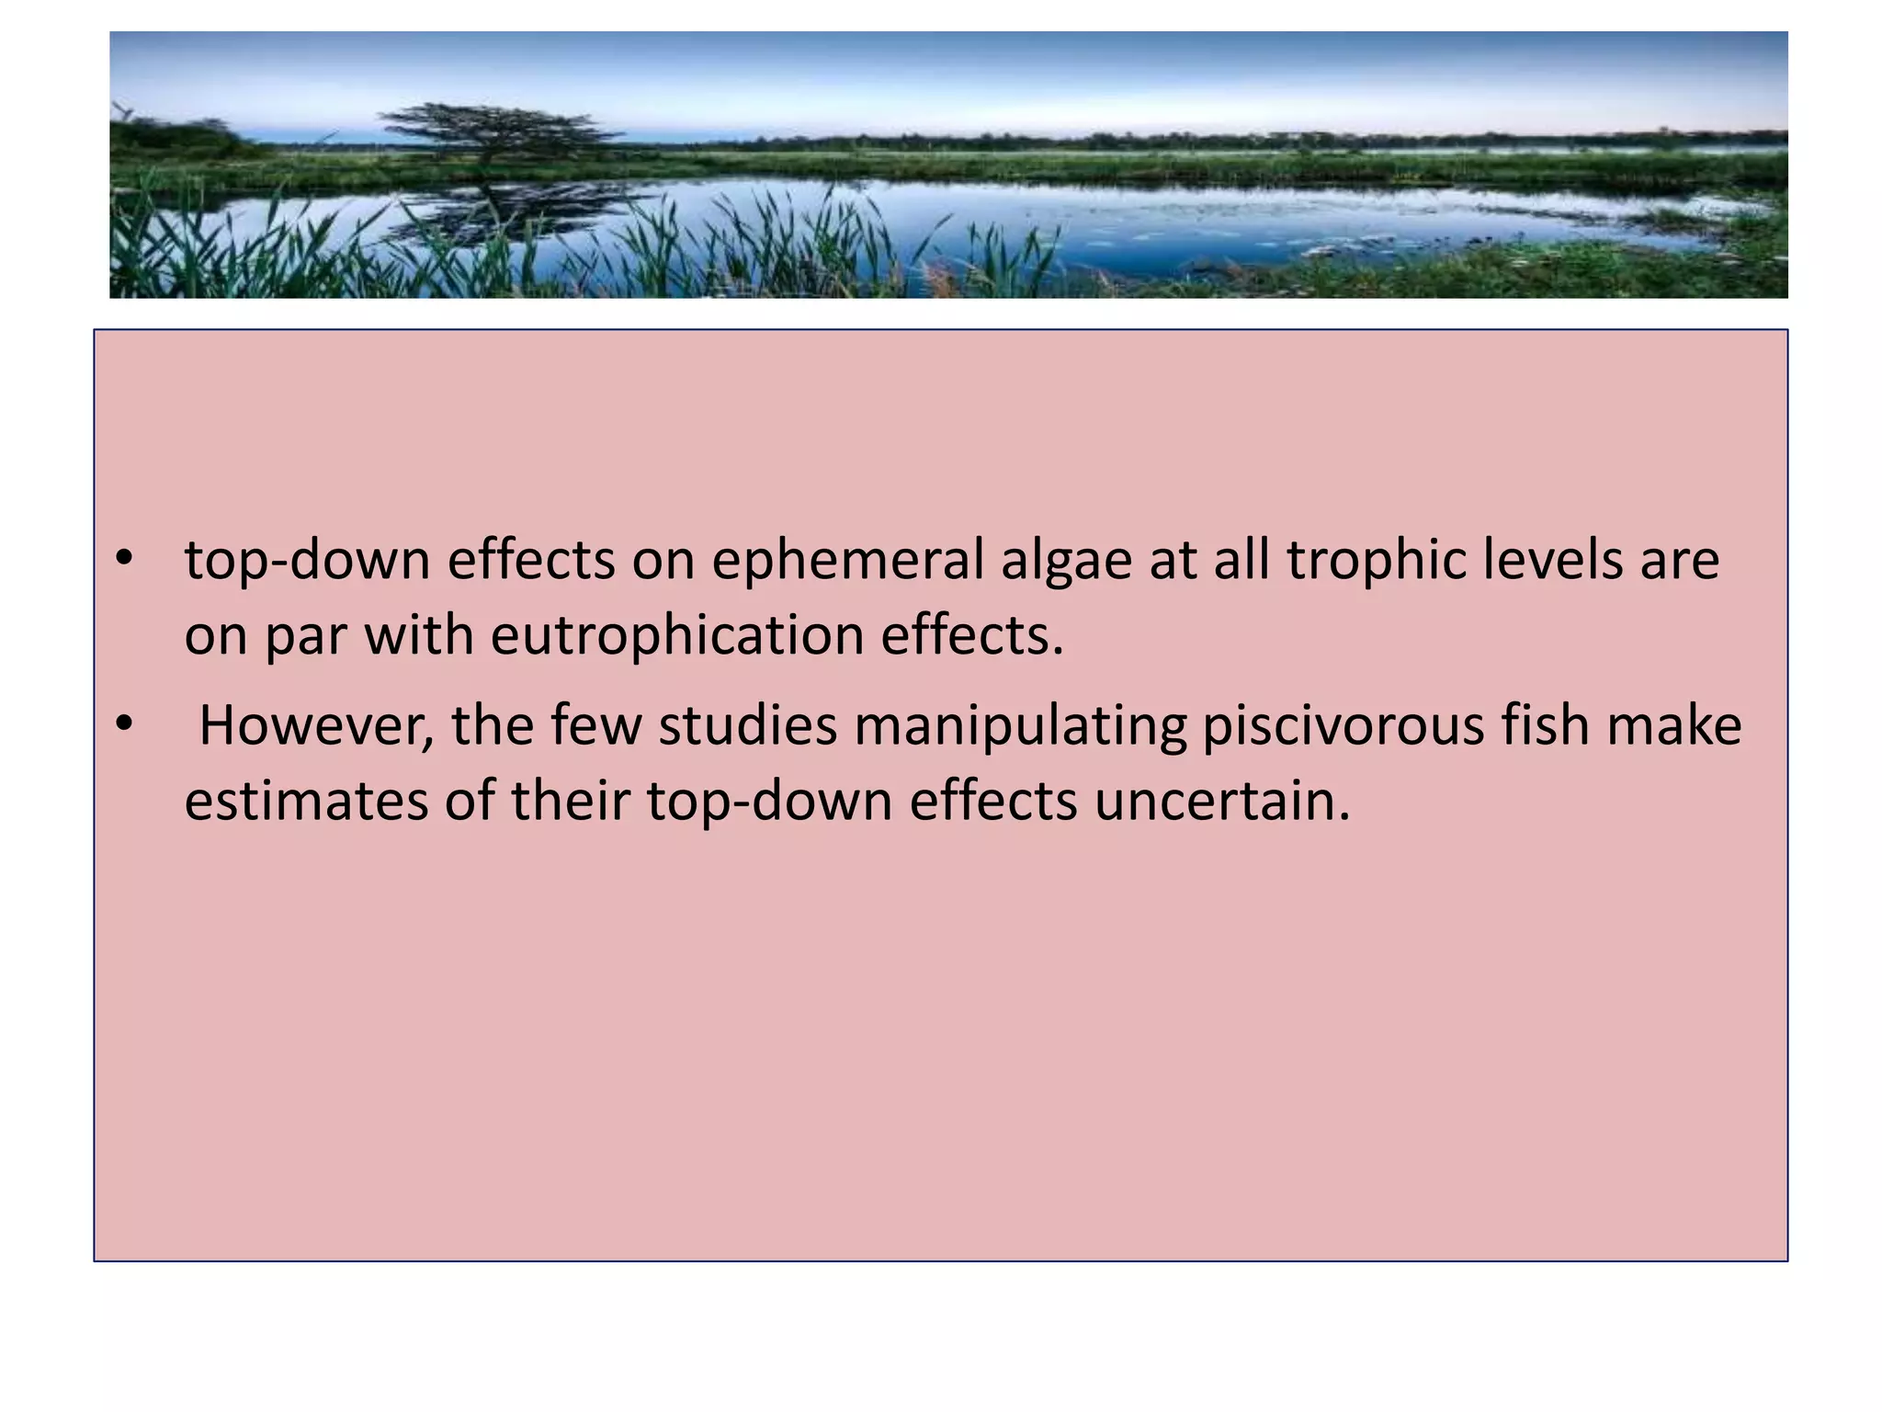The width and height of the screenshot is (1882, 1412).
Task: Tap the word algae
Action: (1066, 562)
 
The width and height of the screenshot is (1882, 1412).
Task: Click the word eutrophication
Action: (677, 635)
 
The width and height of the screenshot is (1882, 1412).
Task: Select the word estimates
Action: (306, 801)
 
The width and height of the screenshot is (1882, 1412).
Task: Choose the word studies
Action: (748, 725)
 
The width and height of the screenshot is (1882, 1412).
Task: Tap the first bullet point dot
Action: (125, 558)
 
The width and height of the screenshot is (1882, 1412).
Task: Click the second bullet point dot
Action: (125, 724)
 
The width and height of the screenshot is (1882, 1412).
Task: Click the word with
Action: (419, 635)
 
